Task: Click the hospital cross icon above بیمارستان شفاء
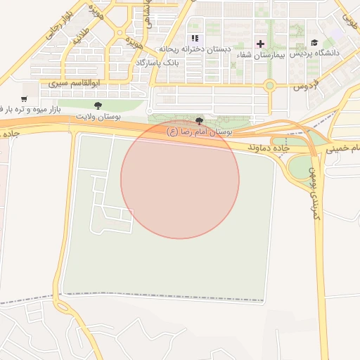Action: (260, 44)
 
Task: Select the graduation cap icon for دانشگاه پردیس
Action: (314, 43)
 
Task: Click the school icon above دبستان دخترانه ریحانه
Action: (195, 38)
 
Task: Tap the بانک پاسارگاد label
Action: (157, 63)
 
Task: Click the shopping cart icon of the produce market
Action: (25, 99)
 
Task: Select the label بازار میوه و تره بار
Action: (28, 110)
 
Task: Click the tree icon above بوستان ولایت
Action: (98, 105)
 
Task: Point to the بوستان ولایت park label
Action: (98, 116)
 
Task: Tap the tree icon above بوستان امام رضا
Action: (200, 121)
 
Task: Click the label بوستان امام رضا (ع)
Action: (199, 131)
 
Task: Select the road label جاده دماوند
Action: (268, 148)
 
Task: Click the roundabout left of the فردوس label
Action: (269, 86)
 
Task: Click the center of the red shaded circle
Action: (180, 179)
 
